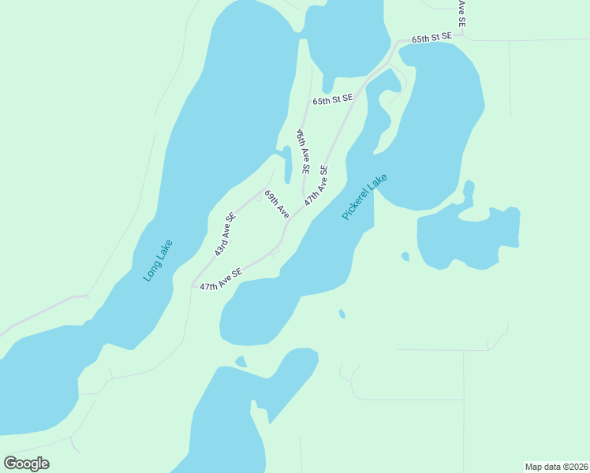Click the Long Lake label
pos(158,260)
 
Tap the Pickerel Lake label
pos(365,197)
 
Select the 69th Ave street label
pos(277,203)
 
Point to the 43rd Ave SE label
pos(225,235)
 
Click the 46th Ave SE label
pos(302,153)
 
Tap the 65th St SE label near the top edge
pos(431,37)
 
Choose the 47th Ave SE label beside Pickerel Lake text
pos(316,185)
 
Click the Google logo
pos(26,463)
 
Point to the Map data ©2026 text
pos(556,466)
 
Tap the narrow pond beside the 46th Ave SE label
pos(287,162)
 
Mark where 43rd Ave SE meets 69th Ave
pos(265,189)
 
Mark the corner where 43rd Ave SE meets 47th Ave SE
pos(193,285)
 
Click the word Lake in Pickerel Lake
pos(376,186)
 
